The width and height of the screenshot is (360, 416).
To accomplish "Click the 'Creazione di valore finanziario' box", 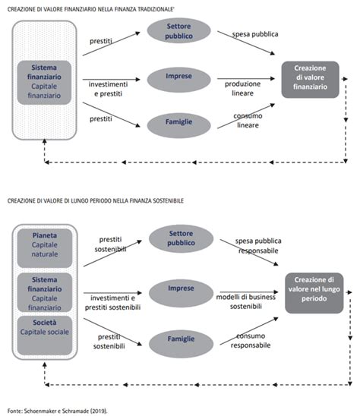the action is tap(310, 80).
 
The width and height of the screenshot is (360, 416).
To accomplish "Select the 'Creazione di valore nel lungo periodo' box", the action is tap(314, 293).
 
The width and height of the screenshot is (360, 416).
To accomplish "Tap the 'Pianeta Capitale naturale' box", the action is tap(45, 248).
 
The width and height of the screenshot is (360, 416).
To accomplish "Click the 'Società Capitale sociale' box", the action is tap(45, 336).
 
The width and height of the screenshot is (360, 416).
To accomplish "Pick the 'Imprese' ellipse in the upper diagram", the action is tap(179, 80).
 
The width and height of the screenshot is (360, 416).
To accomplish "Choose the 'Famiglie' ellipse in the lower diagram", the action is tap(181, 344).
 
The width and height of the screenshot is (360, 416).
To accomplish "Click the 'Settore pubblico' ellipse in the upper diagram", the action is tap(179, 31).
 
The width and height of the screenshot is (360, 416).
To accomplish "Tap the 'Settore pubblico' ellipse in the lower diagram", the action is tap(181, 238).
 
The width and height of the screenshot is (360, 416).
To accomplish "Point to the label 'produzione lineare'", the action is tap(242, 89).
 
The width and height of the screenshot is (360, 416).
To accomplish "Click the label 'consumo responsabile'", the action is tap(251, 341).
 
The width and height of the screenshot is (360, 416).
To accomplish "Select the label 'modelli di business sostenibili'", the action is tap(246, 301).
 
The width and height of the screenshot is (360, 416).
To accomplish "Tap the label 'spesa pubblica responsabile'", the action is tap(258, 246).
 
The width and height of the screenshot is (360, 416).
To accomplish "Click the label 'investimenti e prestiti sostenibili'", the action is tap(112, 303).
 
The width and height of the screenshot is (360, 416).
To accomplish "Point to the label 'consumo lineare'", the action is tap(248, 121).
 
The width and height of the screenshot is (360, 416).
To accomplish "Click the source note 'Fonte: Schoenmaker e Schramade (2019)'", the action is tap(58, 411).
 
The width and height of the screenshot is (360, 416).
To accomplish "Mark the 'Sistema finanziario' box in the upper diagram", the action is tap(44, 82).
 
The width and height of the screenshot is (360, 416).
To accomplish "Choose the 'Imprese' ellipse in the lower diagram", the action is tap(181, 293).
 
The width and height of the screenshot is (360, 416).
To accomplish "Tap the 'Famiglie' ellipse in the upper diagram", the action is tap(179, 125).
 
